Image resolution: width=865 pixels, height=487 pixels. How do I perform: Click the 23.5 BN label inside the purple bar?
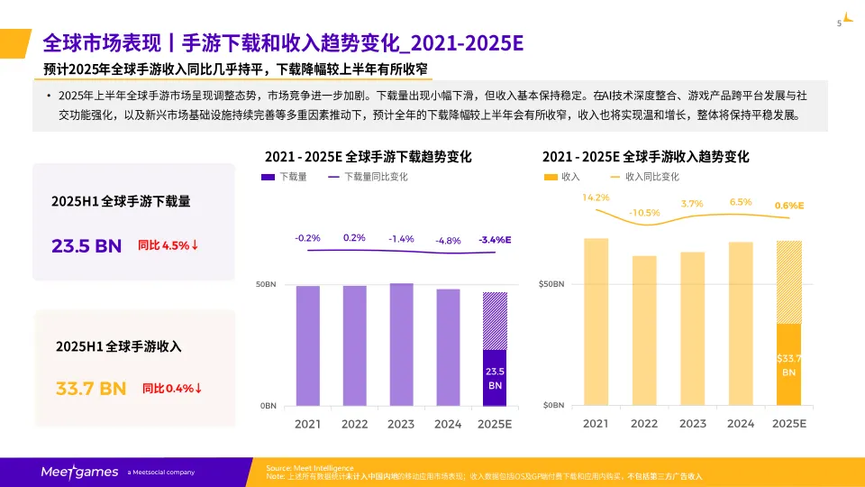pos(495,378)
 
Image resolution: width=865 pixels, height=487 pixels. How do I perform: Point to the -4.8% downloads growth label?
pos(448,241)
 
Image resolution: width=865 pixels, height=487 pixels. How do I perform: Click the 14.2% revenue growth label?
pos(596,197)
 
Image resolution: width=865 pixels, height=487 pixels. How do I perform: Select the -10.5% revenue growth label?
pos(644,213)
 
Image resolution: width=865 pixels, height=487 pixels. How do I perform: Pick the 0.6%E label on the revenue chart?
pos(789,206)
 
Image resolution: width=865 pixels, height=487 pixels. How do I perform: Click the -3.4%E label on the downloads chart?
pos(495,240)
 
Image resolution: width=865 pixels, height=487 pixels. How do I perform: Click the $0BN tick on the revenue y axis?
pos(551,406)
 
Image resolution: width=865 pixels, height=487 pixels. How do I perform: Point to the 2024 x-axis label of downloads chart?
pos(448,423)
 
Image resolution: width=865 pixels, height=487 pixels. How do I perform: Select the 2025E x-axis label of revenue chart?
pos(789,423)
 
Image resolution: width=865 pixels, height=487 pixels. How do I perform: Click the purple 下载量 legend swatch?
pos(268,177)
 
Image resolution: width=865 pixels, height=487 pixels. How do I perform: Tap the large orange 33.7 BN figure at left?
pos(91,389)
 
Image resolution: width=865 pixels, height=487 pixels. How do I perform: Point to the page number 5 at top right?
pos(840,23)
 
